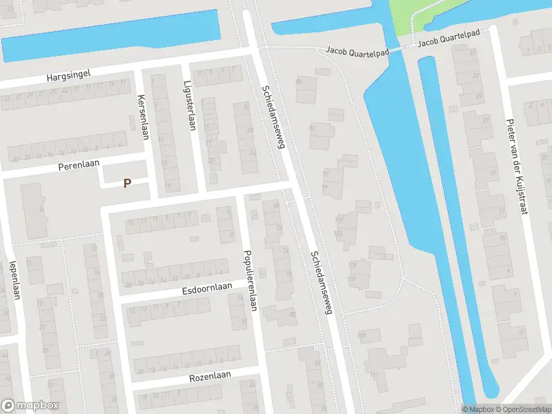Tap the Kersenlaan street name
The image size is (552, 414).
(x=143, y=117)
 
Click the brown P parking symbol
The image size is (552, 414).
(x=126, y=184)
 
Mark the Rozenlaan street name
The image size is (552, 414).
(x=210, y=377)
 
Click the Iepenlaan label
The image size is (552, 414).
(x=13, y=279)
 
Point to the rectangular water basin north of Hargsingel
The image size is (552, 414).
(x=110, y=37)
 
